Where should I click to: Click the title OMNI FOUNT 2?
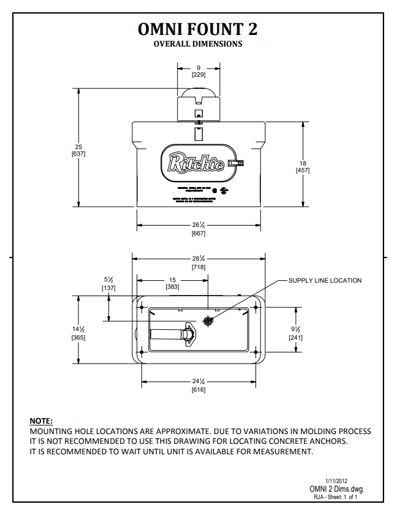[198, 29]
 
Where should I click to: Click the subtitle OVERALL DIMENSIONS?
[198, 44]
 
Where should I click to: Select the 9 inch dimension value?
[198, 67]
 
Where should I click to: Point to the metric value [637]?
[78, 154]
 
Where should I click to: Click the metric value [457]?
[303, 170]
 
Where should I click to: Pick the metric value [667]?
[198, 234]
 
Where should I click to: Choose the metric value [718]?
[198, 267]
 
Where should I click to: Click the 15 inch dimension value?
[173, 280]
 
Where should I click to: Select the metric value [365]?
[78, 337]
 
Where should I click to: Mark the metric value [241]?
[296, 337]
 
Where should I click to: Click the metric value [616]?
[198, 390]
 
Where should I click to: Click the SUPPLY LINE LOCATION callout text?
[325, 281]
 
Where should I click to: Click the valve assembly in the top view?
[174, 335]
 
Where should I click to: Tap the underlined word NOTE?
[41, 421]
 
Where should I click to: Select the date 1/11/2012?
[336, 481]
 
